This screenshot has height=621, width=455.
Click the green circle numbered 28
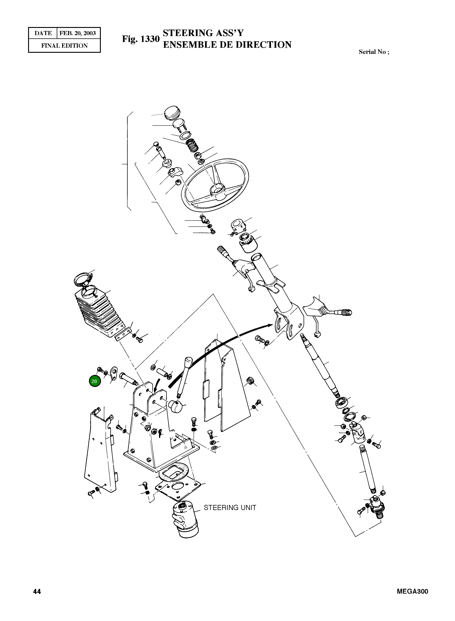click(94, 381)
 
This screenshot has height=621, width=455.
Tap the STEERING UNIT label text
click(230, 508)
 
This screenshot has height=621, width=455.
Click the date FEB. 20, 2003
click(78, 33)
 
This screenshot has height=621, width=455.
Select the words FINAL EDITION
click(64, 46)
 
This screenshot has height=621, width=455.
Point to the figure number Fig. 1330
click(141, 39)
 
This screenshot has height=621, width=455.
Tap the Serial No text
click(374, 52)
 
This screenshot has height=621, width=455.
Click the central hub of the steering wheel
click(217, 190)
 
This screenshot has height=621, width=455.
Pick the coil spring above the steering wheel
click(192, 145)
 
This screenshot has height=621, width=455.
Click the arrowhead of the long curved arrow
click(270, 326)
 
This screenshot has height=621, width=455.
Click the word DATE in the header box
click(43, 33)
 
